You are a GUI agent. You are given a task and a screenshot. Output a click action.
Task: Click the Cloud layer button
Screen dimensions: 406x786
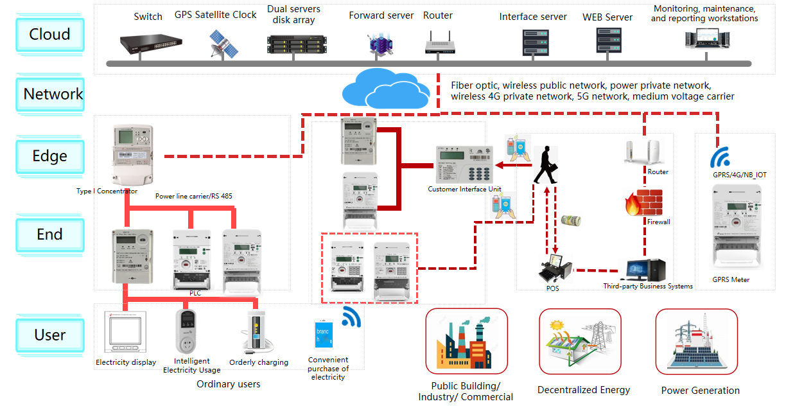tap(49, 34)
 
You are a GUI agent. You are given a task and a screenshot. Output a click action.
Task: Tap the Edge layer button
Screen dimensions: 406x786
tap(49, 156)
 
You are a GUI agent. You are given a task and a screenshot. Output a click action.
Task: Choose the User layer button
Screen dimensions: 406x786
tap(49, 335)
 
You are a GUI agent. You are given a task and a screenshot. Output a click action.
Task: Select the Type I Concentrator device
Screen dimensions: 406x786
tap(131, 156)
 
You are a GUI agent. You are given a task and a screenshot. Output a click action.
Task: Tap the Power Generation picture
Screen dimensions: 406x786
tap(696, 341)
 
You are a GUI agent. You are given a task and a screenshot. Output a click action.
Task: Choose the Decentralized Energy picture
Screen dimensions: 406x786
tap(580, 341)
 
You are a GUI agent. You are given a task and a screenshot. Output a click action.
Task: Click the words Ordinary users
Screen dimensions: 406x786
tap(229, 384)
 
